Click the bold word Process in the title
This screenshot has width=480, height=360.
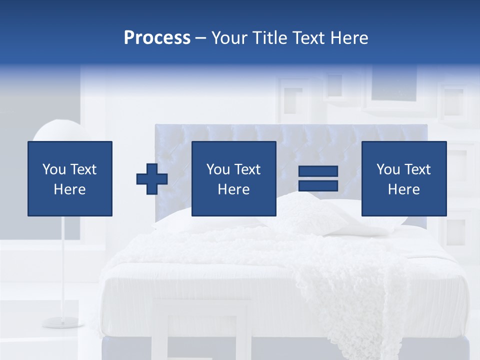(x=157, y=38)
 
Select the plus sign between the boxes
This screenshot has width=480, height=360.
(x=152, y=179)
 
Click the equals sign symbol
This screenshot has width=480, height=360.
(x=318, y=178)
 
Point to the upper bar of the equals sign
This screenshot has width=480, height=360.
(x=318, y=171)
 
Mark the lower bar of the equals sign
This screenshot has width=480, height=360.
(x=318, y=185)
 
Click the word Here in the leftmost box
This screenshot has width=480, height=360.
(x=69, y=189)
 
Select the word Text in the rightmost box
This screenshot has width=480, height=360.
(x=418, y=169)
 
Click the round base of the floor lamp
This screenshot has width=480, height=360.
(x=62, y=321)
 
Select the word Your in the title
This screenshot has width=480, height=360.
(x=229, y=38)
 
